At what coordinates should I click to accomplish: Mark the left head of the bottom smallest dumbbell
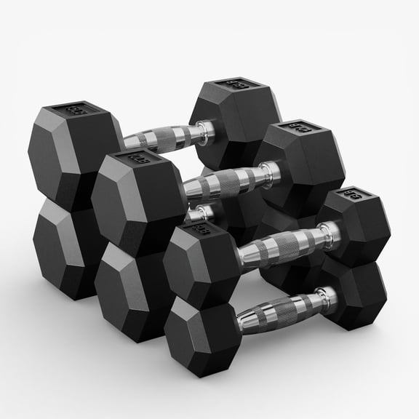click(x=199, y=331)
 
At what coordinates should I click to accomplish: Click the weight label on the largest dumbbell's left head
click(x=75, y=111)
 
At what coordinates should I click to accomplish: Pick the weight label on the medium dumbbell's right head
click(x=298, y=129)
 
